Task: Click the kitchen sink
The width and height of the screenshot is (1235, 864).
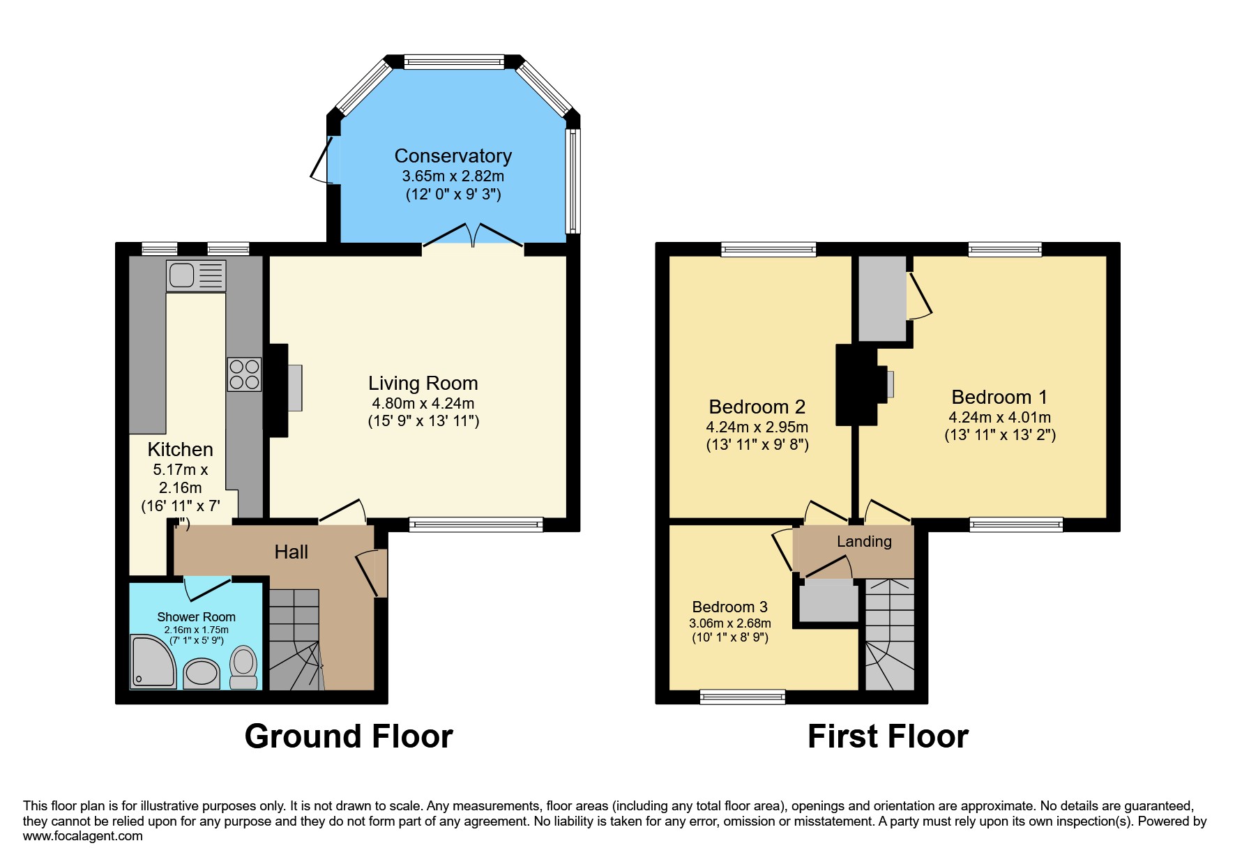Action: [x=196, y=275]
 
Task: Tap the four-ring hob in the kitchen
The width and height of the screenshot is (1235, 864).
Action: [x=244, y=374]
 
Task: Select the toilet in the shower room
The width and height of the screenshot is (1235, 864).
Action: [x=243, y=668]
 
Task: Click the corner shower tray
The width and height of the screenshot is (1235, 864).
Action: [x=153, y=661]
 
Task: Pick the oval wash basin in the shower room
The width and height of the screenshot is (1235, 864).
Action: [x=202, y=674]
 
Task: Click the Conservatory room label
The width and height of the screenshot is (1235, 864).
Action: [x=453, y=156]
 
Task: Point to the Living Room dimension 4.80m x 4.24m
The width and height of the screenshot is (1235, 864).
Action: [x=423, y=403]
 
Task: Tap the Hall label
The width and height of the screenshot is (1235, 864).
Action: [x=291, y=552]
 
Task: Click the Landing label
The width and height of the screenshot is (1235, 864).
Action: [x=865, y=542]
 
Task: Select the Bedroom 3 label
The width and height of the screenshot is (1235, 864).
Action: [x=730, y=607]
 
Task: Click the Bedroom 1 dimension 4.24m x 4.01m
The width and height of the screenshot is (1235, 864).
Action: [x=1000, y=417]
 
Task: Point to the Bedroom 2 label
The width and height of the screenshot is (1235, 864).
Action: [x=757, y=407]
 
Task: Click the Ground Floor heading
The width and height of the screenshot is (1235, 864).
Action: [x=349, y=736]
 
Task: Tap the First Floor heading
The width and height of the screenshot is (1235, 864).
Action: [x=888, y=736]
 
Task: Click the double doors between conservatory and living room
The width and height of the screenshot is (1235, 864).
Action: [x=473, y=235]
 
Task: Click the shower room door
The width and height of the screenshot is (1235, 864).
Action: [x=207, y=589]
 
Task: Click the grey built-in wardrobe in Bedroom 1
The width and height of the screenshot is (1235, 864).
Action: [x=882, y=298]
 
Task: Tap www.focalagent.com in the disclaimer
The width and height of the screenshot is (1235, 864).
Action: [x=83, y=836]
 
